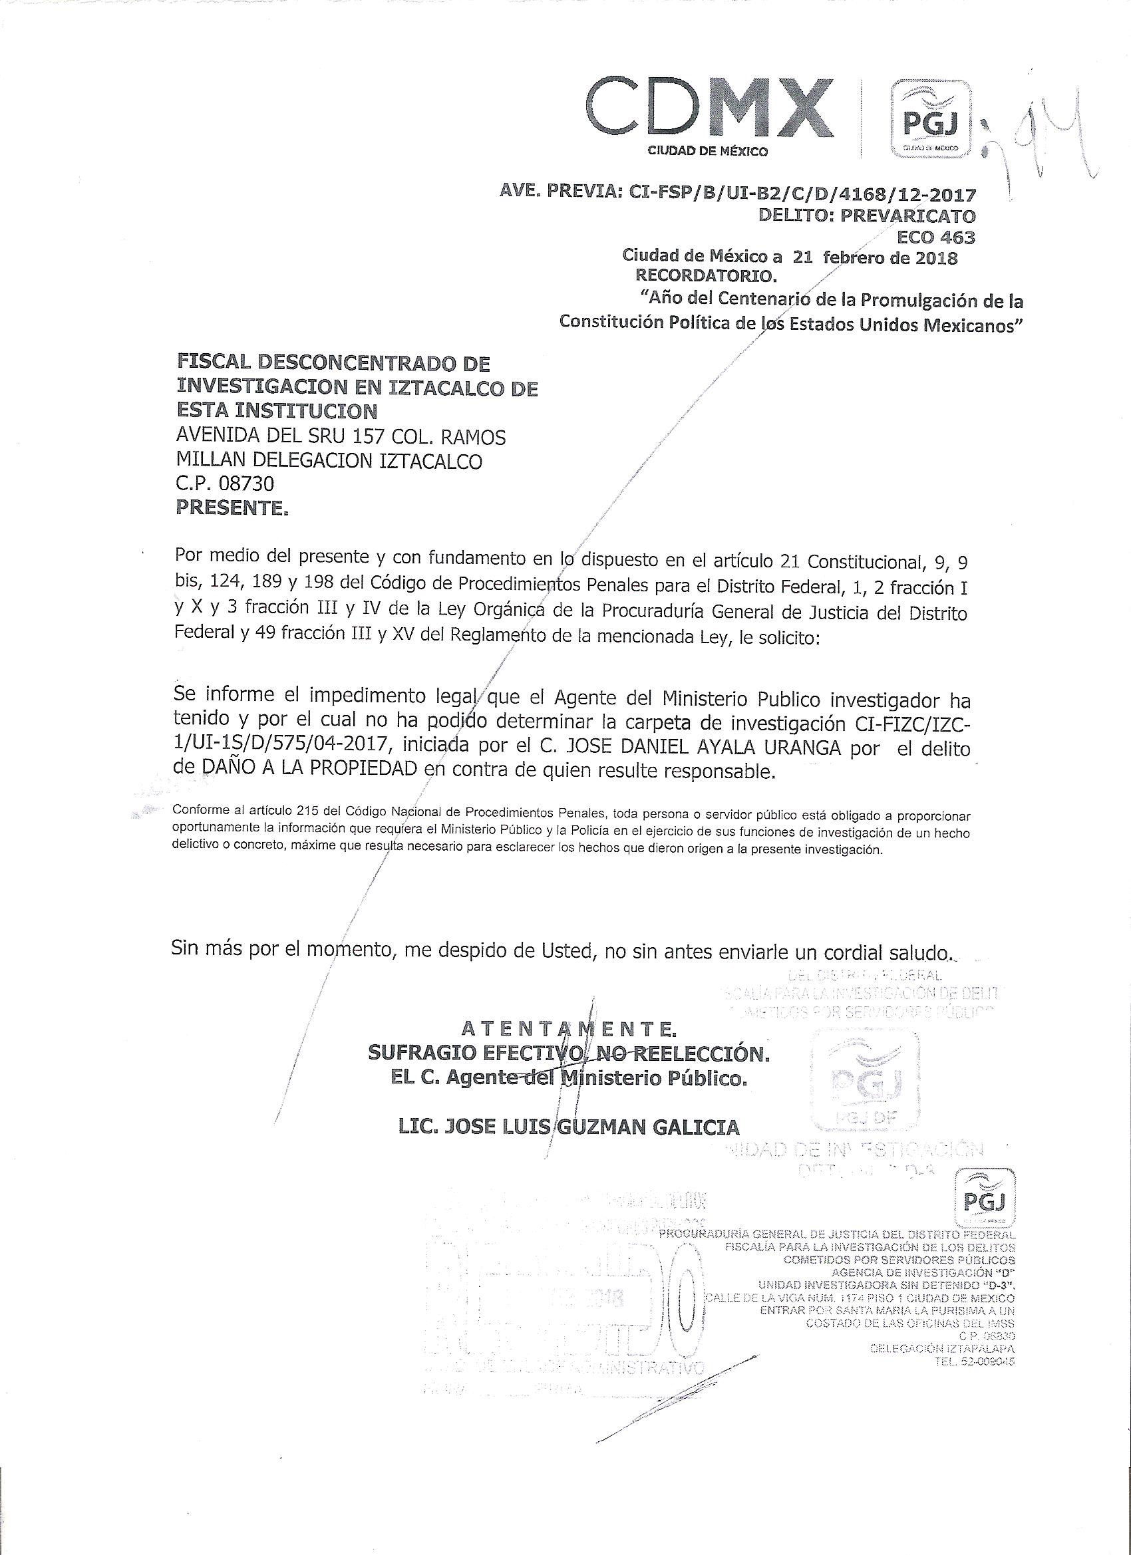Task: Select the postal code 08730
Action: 245,484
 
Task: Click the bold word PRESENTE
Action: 232,508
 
